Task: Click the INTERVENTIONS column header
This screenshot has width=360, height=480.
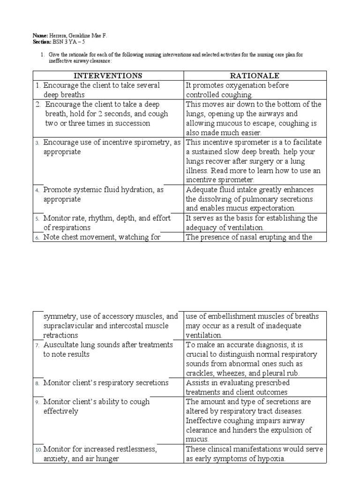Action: coord(108,75)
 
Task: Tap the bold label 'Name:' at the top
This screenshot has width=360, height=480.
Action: coord(40,36)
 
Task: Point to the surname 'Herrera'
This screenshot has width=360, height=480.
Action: coord(60,36)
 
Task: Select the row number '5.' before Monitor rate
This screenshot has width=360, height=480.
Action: coord(37,218)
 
